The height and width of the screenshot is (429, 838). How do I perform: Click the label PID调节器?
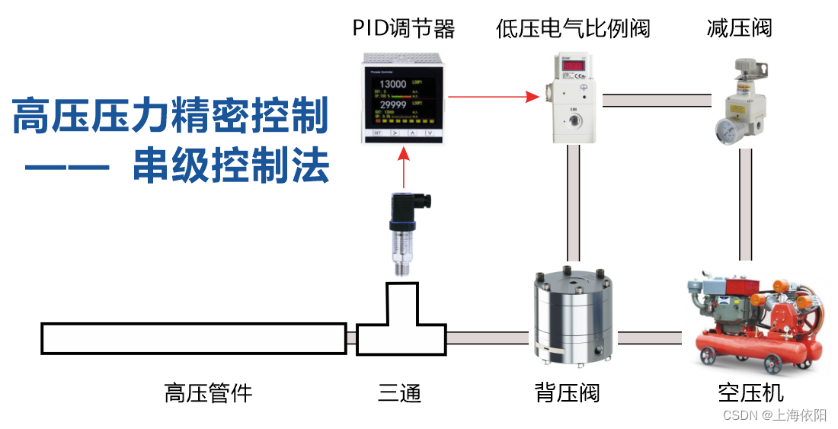click(x=403, y=29)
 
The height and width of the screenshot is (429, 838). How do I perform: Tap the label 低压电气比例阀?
click(x=573, y=29)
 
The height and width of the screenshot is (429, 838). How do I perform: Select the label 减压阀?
click(x=739, y=29)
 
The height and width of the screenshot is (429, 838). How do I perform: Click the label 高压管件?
click(x=208, y=393)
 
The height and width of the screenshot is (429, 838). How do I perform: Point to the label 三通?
click(x=399, y=393)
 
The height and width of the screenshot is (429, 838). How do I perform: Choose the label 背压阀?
click(x=567, y=393)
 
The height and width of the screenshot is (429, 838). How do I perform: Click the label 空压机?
click(x=750, y=393)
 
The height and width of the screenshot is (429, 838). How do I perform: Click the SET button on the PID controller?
click(x=376, y=133)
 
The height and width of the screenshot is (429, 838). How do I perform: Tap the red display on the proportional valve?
click(x=572, y=67)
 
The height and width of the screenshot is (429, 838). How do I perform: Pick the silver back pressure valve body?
click(x=572, y=316)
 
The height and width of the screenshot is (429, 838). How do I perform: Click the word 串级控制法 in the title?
click(x=231, y=165)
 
